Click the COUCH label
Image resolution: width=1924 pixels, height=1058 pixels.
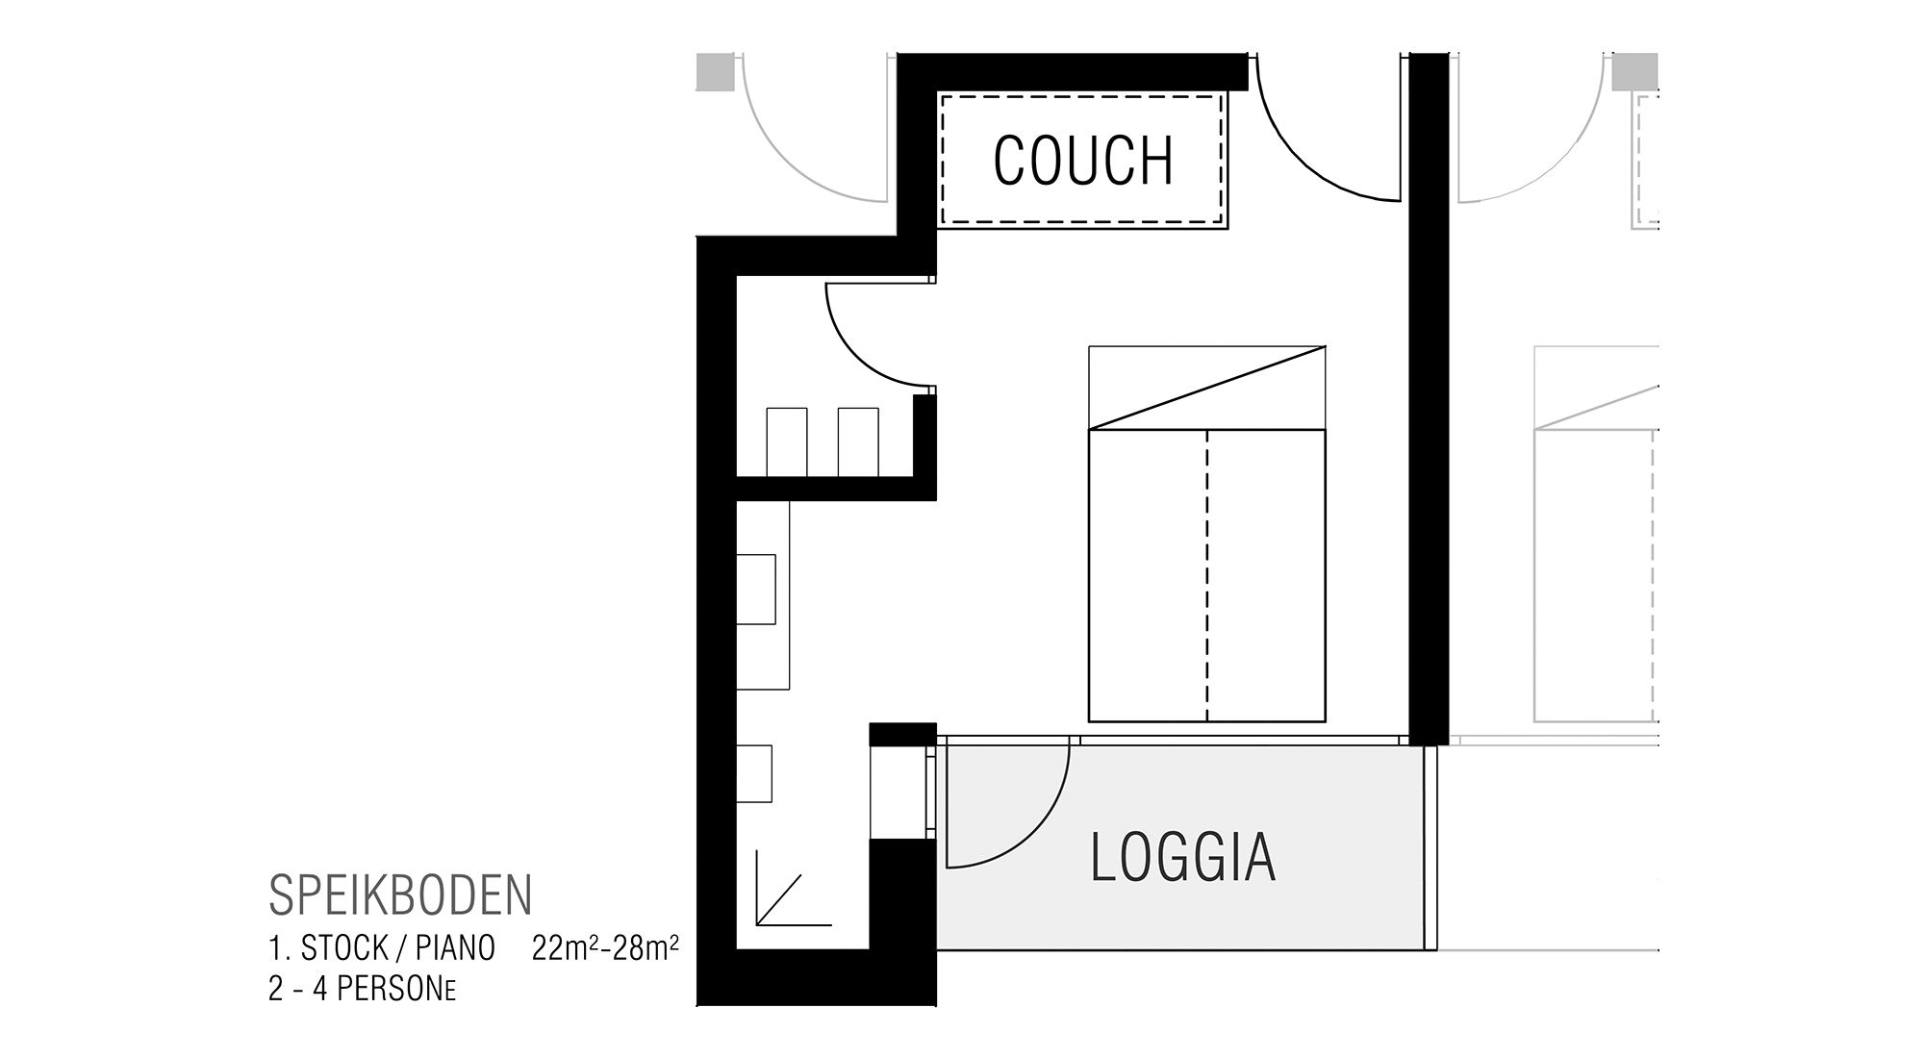(1083, 160)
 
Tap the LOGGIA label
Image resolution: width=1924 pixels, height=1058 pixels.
(1182, 858)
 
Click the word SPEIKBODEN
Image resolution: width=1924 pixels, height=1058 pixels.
(400, 895)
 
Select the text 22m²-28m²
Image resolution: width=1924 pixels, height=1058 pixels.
(605, 948)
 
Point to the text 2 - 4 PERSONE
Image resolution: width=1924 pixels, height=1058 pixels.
(362, 991)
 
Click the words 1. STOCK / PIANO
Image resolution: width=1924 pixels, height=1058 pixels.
(382, 948)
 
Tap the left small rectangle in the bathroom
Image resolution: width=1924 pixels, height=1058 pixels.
(786, 441)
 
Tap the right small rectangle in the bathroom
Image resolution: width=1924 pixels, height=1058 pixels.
(857, 441)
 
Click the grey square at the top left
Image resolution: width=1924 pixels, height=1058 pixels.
(715, 72)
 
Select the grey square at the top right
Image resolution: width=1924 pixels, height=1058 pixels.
(1634, 72)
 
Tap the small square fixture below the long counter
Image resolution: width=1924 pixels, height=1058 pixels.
(754, 772)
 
